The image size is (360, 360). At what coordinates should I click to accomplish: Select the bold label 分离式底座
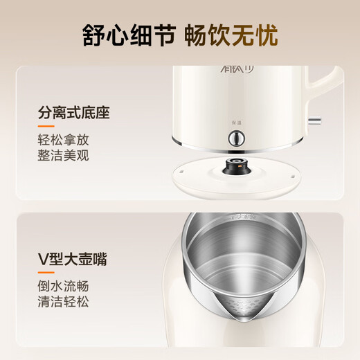click(74, 112)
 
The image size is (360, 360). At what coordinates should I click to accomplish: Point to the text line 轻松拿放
click(64, 140)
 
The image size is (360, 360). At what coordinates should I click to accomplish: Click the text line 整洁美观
click(64, 156)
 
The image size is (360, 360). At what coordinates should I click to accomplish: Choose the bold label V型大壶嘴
click(73, 260)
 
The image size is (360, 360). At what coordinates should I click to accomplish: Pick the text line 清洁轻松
click(64, 303)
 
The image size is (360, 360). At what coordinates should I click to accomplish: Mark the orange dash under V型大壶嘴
click(46, 274)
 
